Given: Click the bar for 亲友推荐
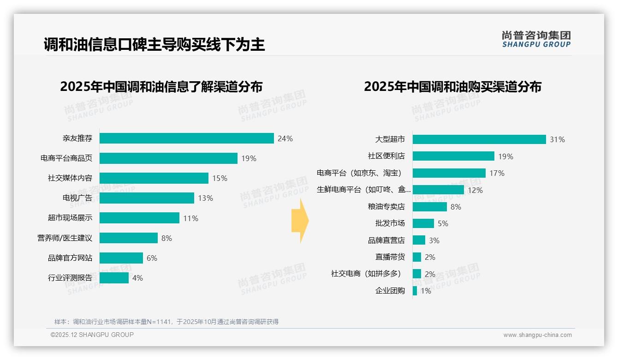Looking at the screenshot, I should click(187, 138).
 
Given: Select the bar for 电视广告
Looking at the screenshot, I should click(147, 198).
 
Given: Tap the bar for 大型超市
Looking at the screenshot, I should click(479, 139).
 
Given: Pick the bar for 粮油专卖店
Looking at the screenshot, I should click(429, 207).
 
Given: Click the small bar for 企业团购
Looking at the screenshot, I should click(415, 291).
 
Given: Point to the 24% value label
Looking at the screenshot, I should click(285, 138).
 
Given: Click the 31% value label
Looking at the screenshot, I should click(557, 139).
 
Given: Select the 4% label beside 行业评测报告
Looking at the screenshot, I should click(137, 278).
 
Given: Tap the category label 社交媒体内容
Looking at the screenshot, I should click(70, 178).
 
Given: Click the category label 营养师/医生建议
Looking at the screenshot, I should click(65, 238).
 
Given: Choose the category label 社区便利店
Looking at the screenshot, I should click(386, 156).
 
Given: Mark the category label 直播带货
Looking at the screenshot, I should click(390, 257).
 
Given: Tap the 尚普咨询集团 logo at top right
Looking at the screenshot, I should click(536, 39).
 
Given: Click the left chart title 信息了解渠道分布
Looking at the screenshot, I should click(161, 87).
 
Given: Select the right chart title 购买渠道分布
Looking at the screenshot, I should click(452, 87).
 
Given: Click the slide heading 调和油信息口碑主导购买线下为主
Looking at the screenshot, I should click(154, 45).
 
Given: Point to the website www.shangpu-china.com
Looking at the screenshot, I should click(537, 335).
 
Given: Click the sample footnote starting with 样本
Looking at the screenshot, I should click(166, 322).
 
